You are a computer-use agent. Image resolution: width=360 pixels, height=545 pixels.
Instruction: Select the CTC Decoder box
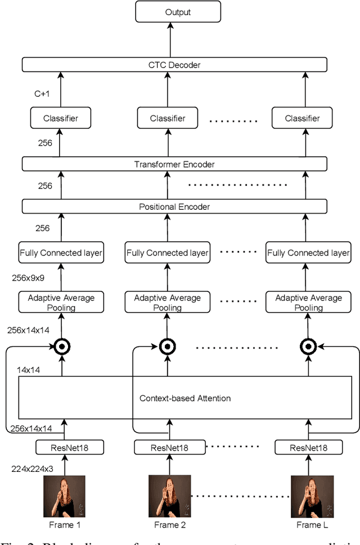click(174, 65)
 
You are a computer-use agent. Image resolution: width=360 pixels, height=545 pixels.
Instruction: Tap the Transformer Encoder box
click(174, 164)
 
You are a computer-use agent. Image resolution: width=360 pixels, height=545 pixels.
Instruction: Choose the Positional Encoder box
click(174, 207)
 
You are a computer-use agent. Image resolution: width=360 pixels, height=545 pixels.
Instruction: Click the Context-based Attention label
click(185, 398)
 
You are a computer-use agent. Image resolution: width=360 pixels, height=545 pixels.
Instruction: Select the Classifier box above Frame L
click(302, 118)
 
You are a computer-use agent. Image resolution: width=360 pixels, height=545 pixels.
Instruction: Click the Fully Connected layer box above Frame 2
click(167, 253)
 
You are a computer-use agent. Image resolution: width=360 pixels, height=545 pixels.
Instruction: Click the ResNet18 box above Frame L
click(308, 448)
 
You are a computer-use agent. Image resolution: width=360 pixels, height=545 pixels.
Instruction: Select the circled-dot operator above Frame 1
click(62, 345)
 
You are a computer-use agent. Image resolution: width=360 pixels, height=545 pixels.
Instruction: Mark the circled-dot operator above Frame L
click(308, 345)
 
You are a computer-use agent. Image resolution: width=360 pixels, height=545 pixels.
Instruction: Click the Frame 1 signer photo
click(64, 496)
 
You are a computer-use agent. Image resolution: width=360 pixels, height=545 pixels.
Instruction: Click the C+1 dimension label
click(42, 93)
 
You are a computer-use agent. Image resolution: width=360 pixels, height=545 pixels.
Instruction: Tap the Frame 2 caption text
click(169, 525)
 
